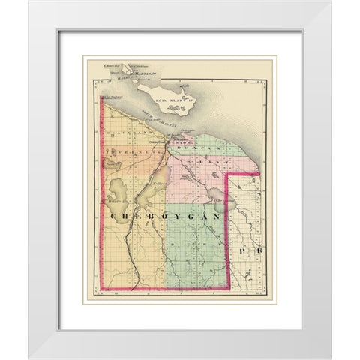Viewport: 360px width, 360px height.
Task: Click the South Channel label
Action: point(160,121)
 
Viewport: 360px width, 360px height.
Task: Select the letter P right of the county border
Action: point(242,248)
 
